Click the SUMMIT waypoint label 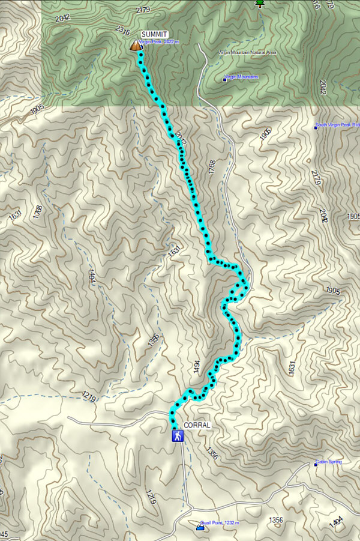coord(154,35)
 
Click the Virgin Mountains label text coord(243,77)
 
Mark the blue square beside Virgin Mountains coord(225,78)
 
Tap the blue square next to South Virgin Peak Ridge coord(316,127)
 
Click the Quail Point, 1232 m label coord(222,524)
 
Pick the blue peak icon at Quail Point coord(200,527)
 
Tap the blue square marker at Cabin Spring coord(316,463)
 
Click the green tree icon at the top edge coord(260,3)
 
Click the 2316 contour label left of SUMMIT coord(122,30)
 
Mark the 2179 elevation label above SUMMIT coord(143,10)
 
